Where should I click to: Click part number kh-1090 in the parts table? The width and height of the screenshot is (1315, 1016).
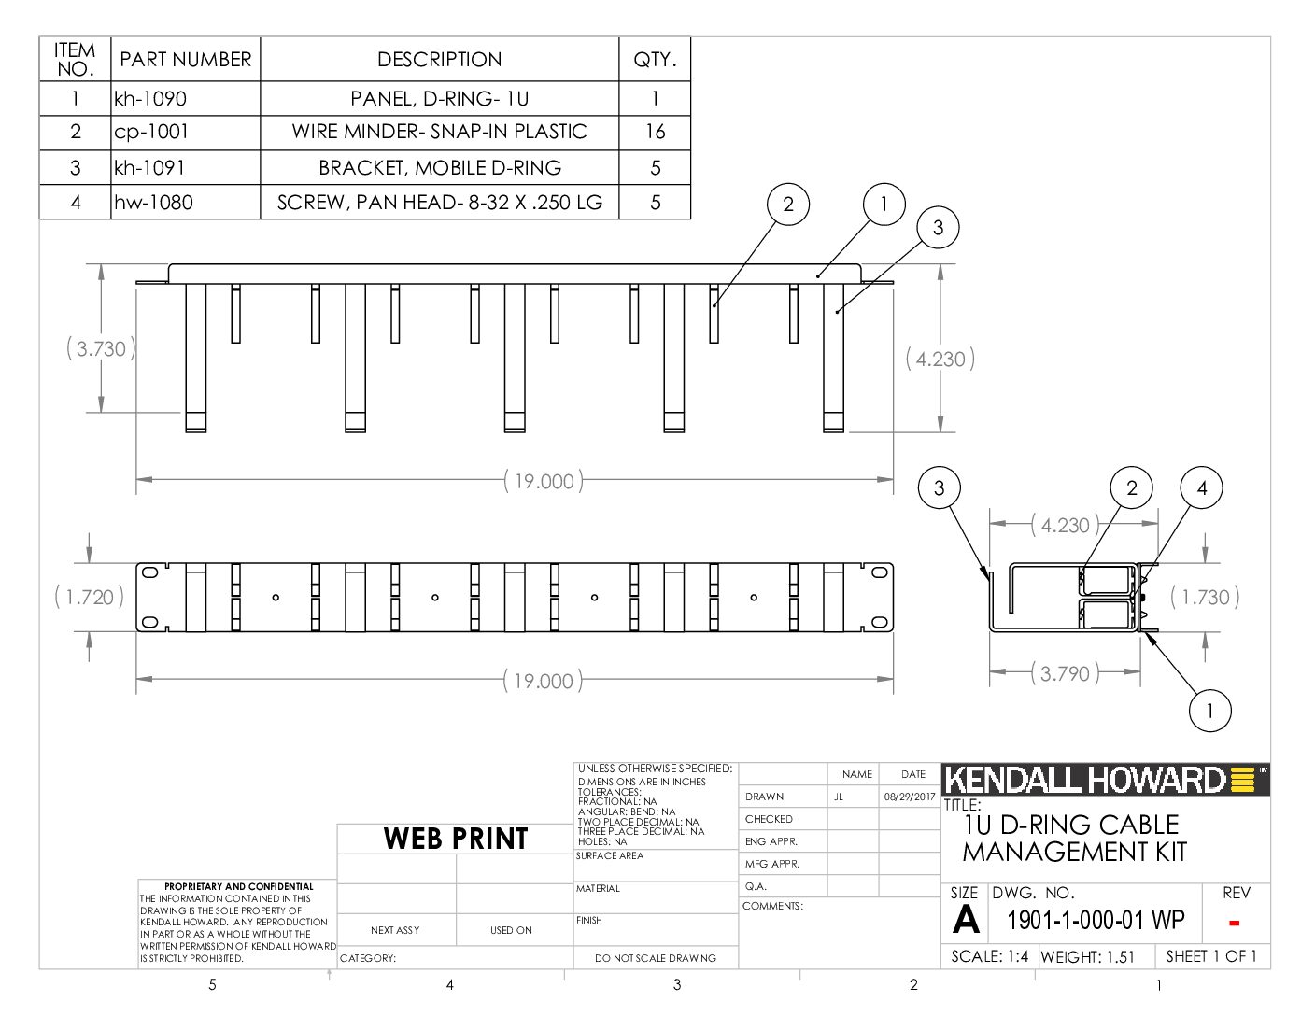[150, 99]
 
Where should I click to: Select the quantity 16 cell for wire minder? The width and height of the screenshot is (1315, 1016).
[655, 132]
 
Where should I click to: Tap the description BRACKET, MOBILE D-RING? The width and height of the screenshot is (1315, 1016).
[440, 167]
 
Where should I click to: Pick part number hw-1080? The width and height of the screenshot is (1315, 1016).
[154, 202]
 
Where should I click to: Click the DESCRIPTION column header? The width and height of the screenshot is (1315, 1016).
[440, 60]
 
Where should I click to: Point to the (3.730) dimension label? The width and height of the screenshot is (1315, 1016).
[101, 349]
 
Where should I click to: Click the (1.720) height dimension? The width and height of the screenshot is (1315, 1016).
[89, 598]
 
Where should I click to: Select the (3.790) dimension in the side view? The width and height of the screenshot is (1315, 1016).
[1065, 673]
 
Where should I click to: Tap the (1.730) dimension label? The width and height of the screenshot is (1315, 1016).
[1205, 598]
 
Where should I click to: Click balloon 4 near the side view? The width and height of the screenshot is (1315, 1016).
[1202, 487]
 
